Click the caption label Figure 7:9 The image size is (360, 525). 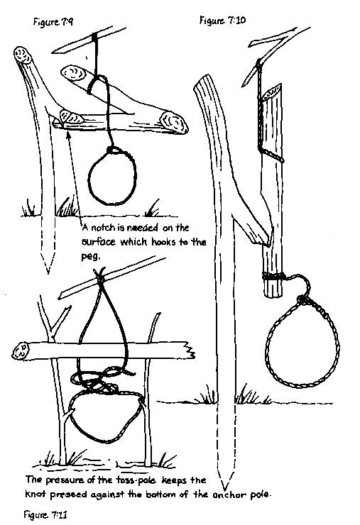pyautogui.click(x=53, y=22)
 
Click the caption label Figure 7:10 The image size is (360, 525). pyautogui.click(x=222, y=21)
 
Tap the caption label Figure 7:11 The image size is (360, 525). pyautogui.click(x=45, y=514)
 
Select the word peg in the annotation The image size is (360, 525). pyautogui.click(x=90, y=257)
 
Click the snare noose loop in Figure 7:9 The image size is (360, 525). pyautogui.click(x=89, y=177)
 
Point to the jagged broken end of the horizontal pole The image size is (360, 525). pyautogui.click(x=190, y=351)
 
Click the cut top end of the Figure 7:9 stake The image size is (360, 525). pyautogui.click(x=23, y=55)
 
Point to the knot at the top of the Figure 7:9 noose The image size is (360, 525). pyautogui.click(x=114, y=150)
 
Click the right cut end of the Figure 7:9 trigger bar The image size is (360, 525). pyautogui.click(x=174, y=123)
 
